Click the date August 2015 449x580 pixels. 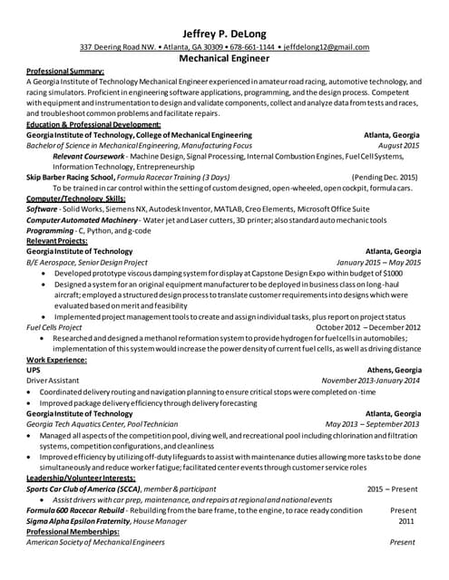pyautogui.click(x=398, y=145)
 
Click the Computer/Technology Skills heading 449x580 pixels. pyautogui.click(x=76, y=198)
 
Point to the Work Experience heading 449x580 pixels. pyautogui.click(x=57, y=360)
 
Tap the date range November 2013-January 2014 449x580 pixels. pyautogui.click(x=370, y=381)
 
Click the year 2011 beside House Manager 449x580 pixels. pyautogui.click(x=405, y=521)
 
